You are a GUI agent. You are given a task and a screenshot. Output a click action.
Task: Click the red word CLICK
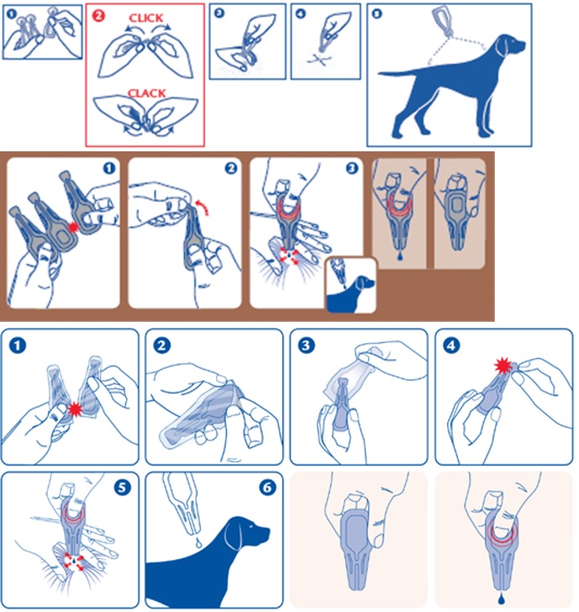pyautogui.click(x=146, y=18)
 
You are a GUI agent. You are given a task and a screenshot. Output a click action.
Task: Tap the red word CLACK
pyautogui.click(x=147, y=93)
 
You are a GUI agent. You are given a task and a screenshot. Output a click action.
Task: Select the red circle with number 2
pyautogui.click(x=98, y=16)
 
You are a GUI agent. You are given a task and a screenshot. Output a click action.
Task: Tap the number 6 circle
pyautogui.click(x=267, y=488)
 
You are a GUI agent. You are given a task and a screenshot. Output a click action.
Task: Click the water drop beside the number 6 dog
pyautogui.click(x=198, y=543)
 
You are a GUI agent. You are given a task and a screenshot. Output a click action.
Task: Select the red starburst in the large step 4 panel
pyautogui.click(x=503, y=366)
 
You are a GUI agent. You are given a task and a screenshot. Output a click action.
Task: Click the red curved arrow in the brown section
pyautogui.click(x=203, y=206)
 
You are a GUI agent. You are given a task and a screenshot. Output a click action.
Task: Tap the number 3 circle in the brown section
pyautogui.click(x=352, y=168)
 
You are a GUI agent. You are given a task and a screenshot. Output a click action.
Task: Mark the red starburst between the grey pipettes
pyautogui.click(x=72, y=227)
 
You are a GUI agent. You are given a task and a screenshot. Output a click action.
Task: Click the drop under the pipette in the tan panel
pyautogui.click(x=400, y=256)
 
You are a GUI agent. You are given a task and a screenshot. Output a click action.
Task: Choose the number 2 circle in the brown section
pyautogui.click(x=231, y=168)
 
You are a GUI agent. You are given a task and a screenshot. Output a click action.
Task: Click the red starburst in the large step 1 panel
pyautogui.click(x=75, y=409)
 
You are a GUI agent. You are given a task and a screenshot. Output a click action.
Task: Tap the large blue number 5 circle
pyautogui.click(x=122, y=488)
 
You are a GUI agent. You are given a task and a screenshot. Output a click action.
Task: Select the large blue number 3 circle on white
pyautogui.click(x=306, y=346)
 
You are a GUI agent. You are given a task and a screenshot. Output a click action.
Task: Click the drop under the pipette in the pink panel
pyautogui.click(x=500, y=599)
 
